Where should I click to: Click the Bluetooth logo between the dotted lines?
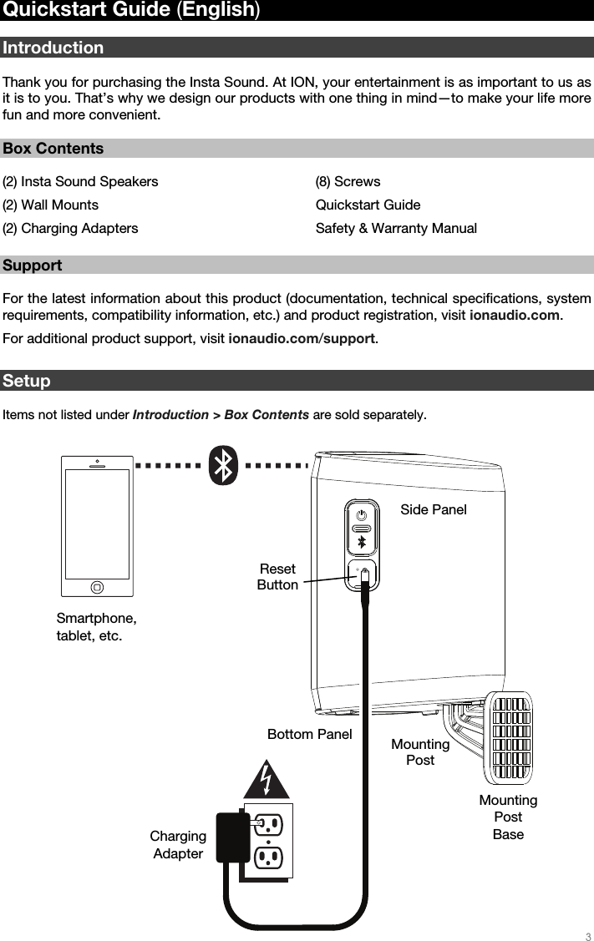[223, 465]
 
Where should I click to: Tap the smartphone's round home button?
[98, 586]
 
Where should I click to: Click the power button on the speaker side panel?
[362, 513]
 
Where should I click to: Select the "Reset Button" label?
[277, 577]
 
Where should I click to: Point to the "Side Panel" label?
[433, 509]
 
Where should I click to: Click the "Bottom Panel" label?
[309, 734]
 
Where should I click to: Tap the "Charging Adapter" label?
[178, 845]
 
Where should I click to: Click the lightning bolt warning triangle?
[267, 779]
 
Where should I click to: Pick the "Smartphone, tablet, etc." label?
[96, 627]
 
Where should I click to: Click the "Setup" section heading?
[27, 382]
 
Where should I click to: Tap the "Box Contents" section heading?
[53, 149]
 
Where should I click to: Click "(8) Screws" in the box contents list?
[348, 181]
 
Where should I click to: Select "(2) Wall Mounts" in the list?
[50, 205]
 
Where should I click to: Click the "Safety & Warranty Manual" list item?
[396, 228]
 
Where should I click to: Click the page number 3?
[587, 934]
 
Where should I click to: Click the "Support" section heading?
[33, 266]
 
